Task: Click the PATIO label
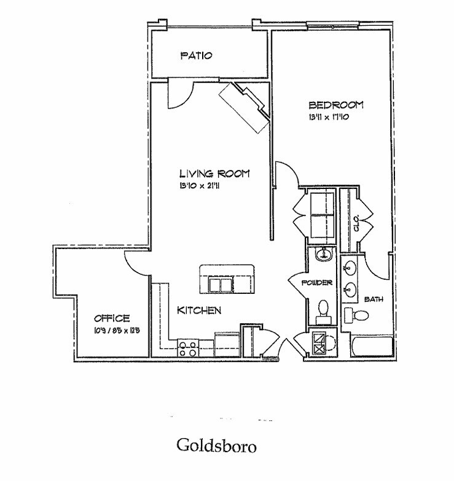coord(196,56)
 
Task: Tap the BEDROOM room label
coord(336,105)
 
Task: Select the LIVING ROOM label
coord(214,174)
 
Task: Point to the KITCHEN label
coord(199,310)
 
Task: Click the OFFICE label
coord(111,318)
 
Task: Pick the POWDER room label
coord(317,283)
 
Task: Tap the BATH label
coord(374,299)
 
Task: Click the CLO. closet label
coord(356,226)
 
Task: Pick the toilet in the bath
coord(357,315)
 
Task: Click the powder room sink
coord(322,253)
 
